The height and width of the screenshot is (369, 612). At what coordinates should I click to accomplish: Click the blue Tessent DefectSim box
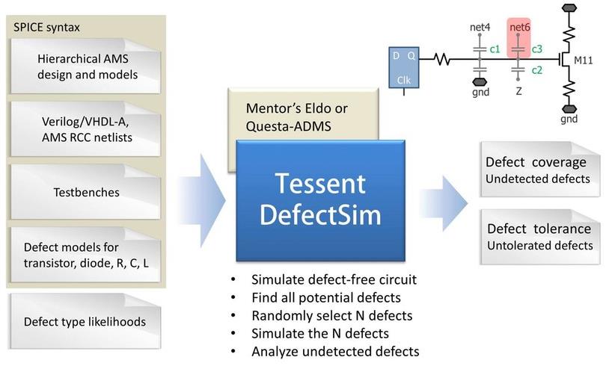[x=320, y=200]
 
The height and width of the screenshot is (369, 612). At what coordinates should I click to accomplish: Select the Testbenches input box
[x=85, y=192]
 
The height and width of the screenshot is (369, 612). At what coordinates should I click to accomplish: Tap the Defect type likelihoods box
[x=85, y=321]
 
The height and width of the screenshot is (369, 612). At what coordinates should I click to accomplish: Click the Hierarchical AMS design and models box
[x=85, y=66]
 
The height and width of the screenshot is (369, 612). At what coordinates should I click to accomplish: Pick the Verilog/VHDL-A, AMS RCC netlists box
[x=85, y=129]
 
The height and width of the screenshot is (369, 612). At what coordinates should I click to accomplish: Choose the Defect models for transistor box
[x=85, y=255]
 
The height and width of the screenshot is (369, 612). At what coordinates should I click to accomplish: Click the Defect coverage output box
[x=540, y=170]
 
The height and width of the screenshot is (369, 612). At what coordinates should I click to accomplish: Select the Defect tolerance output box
[x=540, y=237]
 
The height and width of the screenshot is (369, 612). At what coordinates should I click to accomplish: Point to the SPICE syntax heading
[x=46, y=28]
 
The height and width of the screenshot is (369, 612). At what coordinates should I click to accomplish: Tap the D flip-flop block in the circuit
[x=404, y=68]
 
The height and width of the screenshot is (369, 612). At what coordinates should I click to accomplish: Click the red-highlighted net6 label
[x=519, y=28]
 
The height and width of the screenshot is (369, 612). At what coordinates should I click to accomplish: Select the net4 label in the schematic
[x=480, y=28]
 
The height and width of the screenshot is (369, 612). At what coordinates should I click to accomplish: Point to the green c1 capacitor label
[x=495, y=49]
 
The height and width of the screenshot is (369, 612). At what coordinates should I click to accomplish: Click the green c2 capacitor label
[x=536, y=70]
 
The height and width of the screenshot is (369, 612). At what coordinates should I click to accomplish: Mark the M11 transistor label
[x=583, y=61]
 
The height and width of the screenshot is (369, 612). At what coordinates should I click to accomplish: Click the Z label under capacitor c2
[x=518, y=91]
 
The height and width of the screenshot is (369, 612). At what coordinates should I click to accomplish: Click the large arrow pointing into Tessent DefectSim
[x=202, y=200]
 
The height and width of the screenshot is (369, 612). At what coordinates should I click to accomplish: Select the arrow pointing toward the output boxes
[x=444, y=202]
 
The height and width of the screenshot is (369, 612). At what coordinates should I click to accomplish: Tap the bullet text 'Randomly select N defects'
[x=331, y=316]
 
